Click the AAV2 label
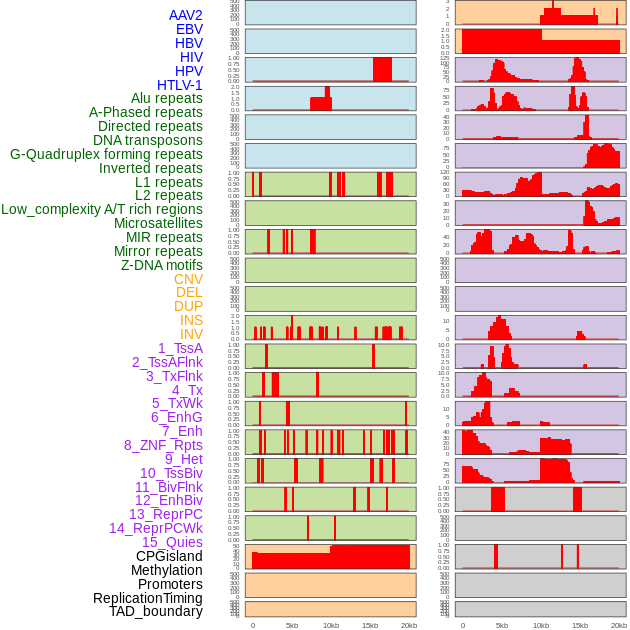(x=185, y=15)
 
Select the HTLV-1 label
(x=179, y=85)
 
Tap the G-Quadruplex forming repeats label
(x=106, y=154)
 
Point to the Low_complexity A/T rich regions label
(x=102, y=209)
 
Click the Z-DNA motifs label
(x=161, y=265)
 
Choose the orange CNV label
(x=188, y=279)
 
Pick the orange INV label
(x=191, y=334)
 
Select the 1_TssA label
(x=180, y=348)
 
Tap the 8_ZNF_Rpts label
(x=163, y=445)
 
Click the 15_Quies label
(x=172, y=542)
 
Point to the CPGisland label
(x=169, y=556)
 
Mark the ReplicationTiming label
(x=147, y=598)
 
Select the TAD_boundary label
(x=156, y=611)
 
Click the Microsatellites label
(x=158, y=223)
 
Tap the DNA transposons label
(x=148, y=140)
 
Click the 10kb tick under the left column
(x=331, y=626)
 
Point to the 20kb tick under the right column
(x=619, y=626)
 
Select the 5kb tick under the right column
(x=502, y=626)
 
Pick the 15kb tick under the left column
(x=370, y=626)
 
